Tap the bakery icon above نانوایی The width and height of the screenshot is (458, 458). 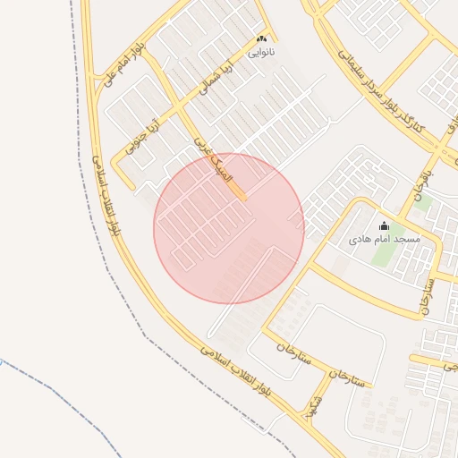click(x=262, y=39)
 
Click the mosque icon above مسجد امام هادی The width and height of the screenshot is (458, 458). click(x=385, y=226)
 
